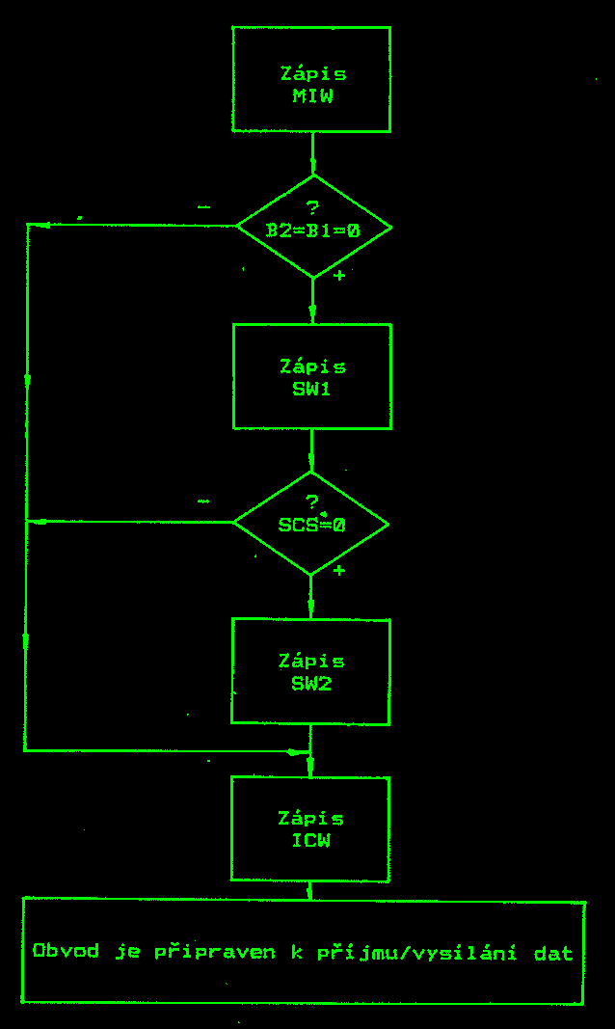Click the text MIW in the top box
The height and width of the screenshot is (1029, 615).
pyautogui.click(x=312, y=96)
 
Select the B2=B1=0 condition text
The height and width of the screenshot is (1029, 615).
pyautogui.click(x=312, y=231)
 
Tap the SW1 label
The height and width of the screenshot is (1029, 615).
pyautogui.click(x=312, y=390)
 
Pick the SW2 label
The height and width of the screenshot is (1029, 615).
pyautogui.click(x=312, y=684)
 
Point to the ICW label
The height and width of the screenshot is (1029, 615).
pyautogui.click(x=311, y=841)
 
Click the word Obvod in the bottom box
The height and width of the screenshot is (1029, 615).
pyautogui.click(x=66, y=952)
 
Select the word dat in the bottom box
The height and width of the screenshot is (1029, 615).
pyautogui.click(x=553, y=953)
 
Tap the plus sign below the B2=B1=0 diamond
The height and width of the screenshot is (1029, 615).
pyautogui.click(x=338, y=276)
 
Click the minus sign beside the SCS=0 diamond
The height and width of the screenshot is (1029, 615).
pyautogui.click(x=203, y=502)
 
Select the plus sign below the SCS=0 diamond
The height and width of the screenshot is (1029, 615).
pyautogui.click(x=338, y=571)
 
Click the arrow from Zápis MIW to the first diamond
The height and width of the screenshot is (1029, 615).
pyautogui.click(x=312, y=154)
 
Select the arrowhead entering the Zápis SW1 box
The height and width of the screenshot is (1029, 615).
pyautogui.click(x=311, y=313)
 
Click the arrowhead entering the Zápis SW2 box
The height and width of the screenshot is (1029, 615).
pyautogui.click(x=310, y=609)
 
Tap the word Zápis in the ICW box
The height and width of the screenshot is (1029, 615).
pyautogui.click(x=310, y=819)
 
